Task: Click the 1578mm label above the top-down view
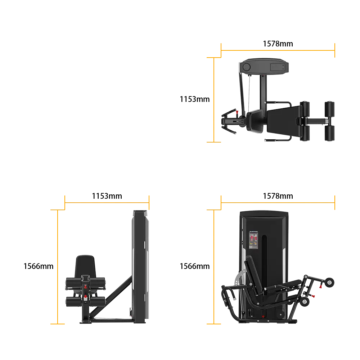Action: click(278, 44)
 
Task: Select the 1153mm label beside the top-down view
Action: click(194, 99)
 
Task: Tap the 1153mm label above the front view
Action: click(107, 196)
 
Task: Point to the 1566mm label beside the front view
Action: click(39, 266)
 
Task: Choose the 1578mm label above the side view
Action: click(278, 196)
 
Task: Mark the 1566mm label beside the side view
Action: click(194, 266)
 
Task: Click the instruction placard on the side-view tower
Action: click(253, 240)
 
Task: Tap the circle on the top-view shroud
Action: click(246, 67)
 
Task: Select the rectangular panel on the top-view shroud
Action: click(278, 67)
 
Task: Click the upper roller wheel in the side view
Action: click(329, 282)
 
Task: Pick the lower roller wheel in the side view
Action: click(305, 302)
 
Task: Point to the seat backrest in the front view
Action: click(85, 266)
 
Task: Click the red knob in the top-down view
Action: click(237, 112)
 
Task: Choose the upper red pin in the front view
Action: click(85, 287)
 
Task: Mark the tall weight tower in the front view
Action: click(140, 266)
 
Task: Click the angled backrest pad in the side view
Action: click(253, 274)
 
